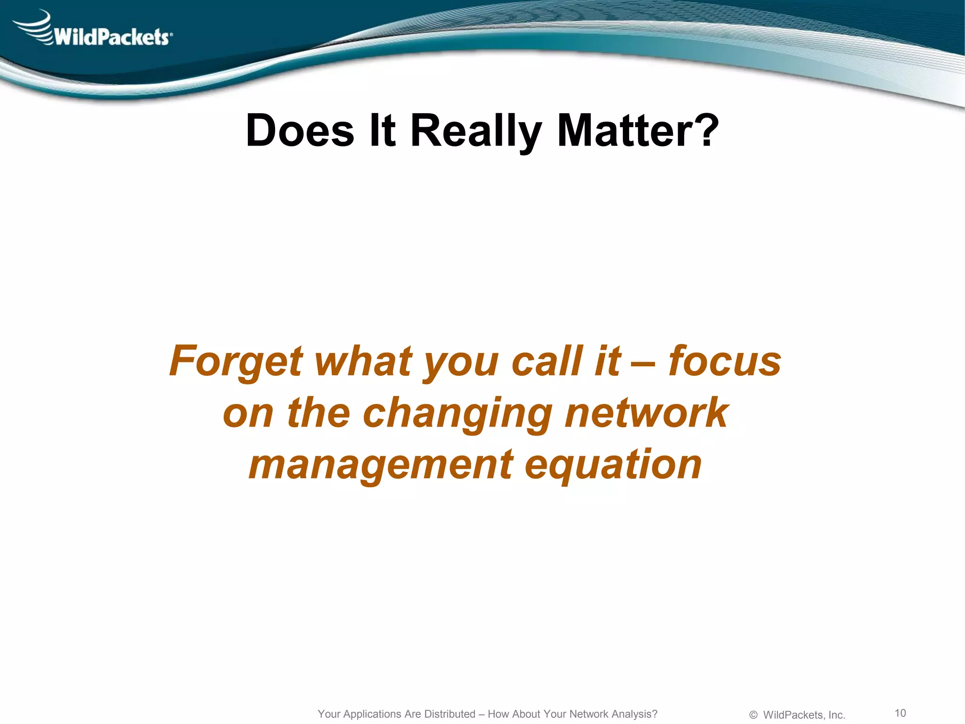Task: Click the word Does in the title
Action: pyautogui.click(x=300, y=131)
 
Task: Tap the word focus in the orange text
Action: pyautogui.click(x=725, y=361)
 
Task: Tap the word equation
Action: pyautogui.click(x=613, y=465)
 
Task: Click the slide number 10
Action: pyautogui.click(x=900, y=713)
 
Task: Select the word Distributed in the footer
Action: pyautogui.click(x=450, y=714)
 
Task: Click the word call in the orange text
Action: pyautogui.click(x=547, y=361)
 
